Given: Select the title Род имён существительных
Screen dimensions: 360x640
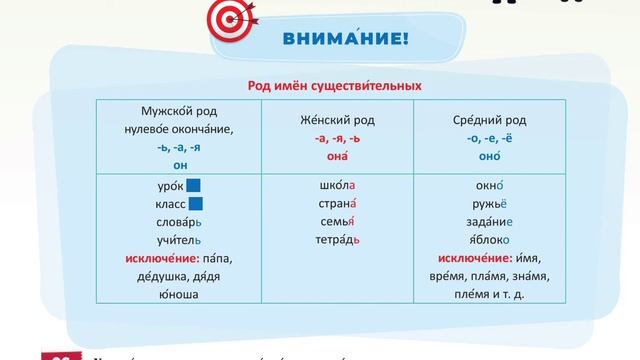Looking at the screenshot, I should pyautogui.click(x=320, y=87).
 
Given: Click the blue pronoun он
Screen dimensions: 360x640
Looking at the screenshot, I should pyautogui.click(x=180, y=165).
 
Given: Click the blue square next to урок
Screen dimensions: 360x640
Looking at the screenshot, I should pyautogui.click(x=194, y=185).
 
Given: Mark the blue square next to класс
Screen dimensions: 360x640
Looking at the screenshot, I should pyautogui.click(x=194, y=203).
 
